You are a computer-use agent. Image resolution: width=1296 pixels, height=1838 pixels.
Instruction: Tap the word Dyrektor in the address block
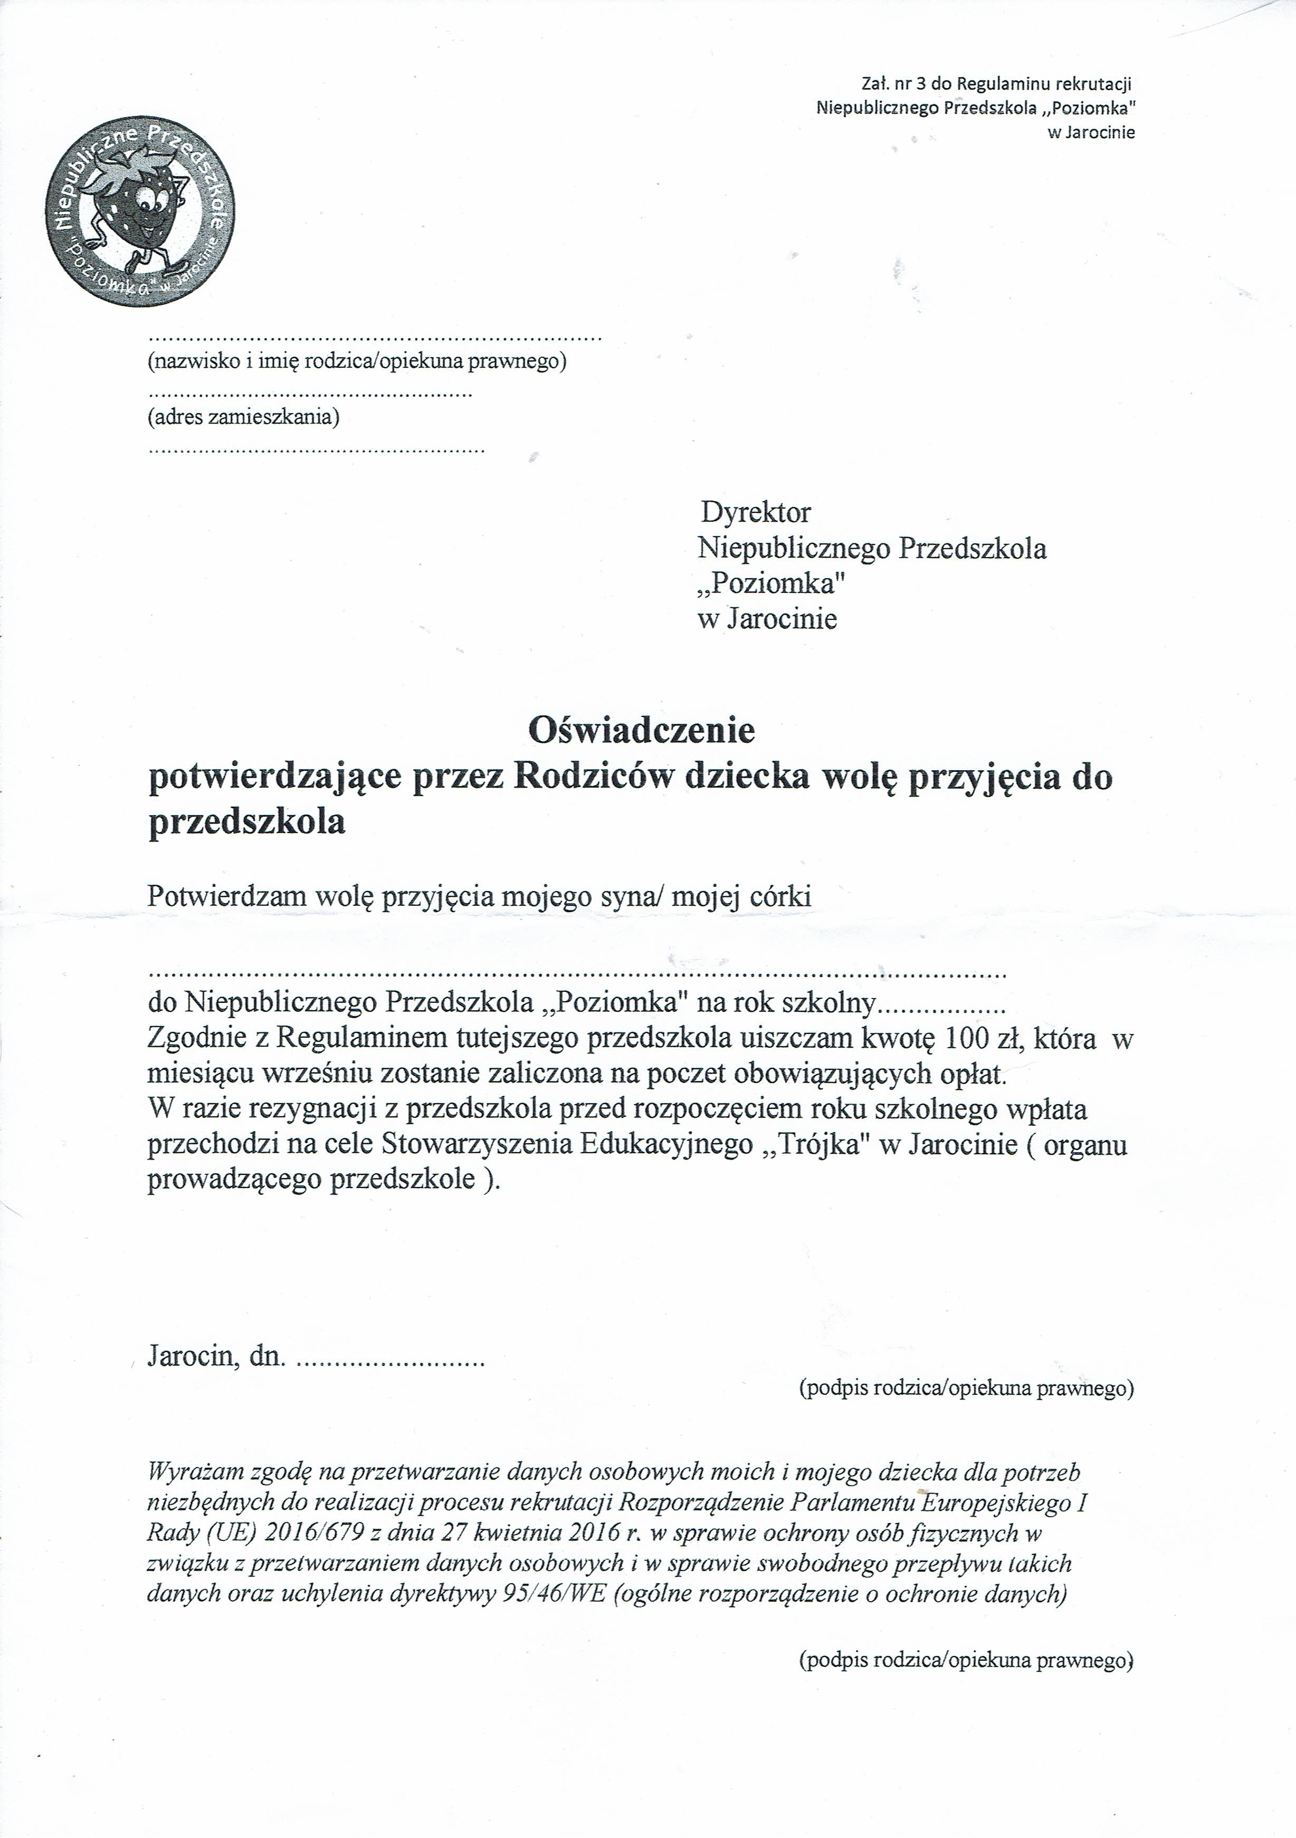pos(756,512)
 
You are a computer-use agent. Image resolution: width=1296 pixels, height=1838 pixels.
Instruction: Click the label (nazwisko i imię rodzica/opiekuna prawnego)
pos(357,362)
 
